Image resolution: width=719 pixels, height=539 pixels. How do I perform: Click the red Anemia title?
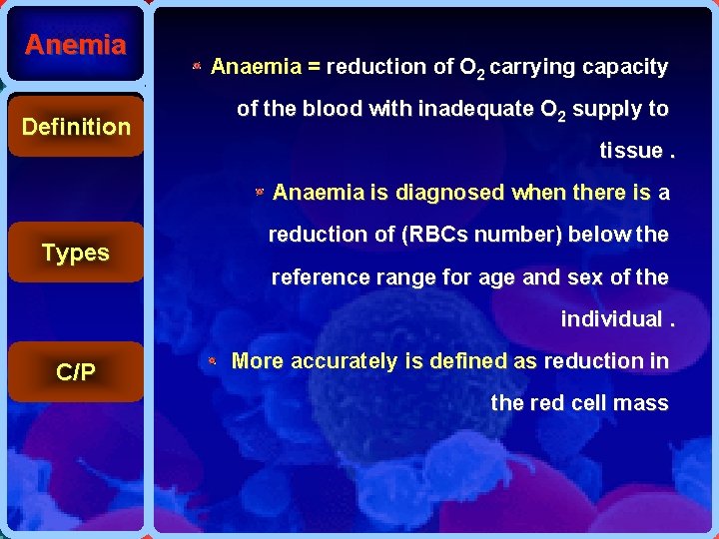(x=76, y=45)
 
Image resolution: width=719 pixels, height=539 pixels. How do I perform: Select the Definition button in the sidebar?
(x=76, y=127)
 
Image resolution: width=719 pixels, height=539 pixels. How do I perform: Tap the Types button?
(x=76, y=253)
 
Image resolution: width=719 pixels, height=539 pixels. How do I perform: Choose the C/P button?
(x=76, y=372)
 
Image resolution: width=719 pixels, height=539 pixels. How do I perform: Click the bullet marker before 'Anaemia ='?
(x=198, y=67)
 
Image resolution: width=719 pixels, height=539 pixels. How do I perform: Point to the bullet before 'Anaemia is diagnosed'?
(x=259, y=191)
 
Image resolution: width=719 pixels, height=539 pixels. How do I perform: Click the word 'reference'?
(x=318, y=276)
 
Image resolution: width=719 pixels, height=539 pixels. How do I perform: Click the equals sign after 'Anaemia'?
(x=314, y=67)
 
